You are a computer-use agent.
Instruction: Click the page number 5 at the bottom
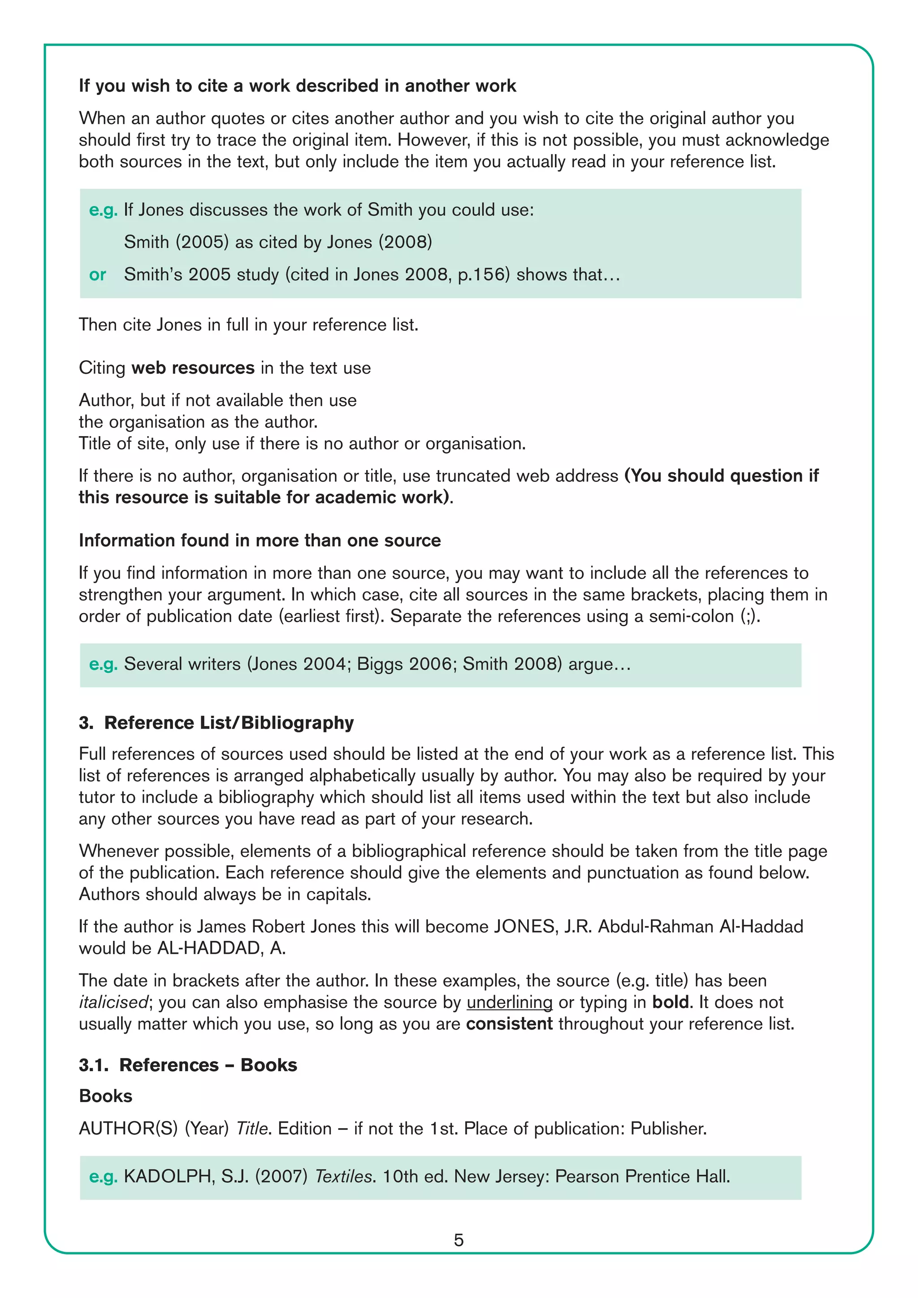coord(459,1240)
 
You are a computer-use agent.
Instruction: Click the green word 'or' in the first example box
coord(97,275)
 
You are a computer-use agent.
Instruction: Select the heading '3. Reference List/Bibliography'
coord(217,723)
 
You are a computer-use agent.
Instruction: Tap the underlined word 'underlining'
coord(509,1002)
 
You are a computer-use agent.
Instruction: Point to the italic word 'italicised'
coord(113,1002)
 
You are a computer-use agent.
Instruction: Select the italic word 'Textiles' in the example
coord(344,1176)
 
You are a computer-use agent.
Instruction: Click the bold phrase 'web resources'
coord(193,368)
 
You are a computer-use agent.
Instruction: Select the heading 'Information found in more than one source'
coord(260,541)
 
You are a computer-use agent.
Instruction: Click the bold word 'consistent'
coord(509,1024)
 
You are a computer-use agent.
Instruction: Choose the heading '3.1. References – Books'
coord(188,1064)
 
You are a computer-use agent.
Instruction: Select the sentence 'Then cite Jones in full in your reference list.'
coord(248,325)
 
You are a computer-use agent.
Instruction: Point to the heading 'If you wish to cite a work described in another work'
coord(297,86)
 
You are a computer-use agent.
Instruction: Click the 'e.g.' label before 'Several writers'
coord(103,664)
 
